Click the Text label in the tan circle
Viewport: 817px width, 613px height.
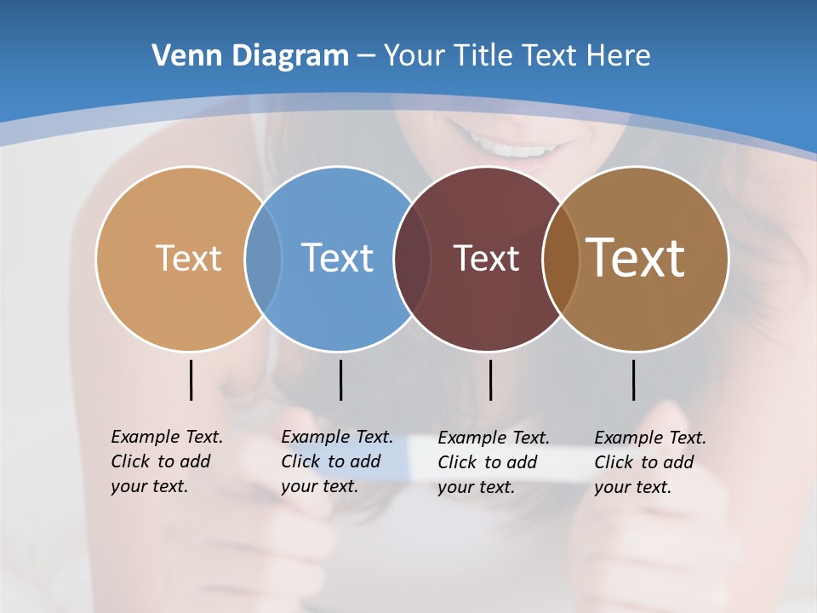tap(188, 258)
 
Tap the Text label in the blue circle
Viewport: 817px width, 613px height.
tap(337, 258)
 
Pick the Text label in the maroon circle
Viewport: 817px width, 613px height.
tap(486, 258)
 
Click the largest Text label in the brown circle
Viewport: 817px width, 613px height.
tap(636, 258)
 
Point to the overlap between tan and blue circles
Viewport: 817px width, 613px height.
tap(263, 259)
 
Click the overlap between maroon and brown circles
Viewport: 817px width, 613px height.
tap(560, 259)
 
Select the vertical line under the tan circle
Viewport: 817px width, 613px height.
tap(191, 380)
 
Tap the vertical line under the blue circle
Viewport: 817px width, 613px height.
tap(340, 380)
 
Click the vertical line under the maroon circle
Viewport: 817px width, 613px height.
tap(490, 380)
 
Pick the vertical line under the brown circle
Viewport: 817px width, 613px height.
tap(633, 380)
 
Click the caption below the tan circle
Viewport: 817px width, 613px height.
tap(166, 461)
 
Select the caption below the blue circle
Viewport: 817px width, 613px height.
tap(336, 461)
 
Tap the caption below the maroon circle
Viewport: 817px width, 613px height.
tap(493, 462)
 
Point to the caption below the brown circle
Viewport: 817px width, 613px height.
tap(649, 462)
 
